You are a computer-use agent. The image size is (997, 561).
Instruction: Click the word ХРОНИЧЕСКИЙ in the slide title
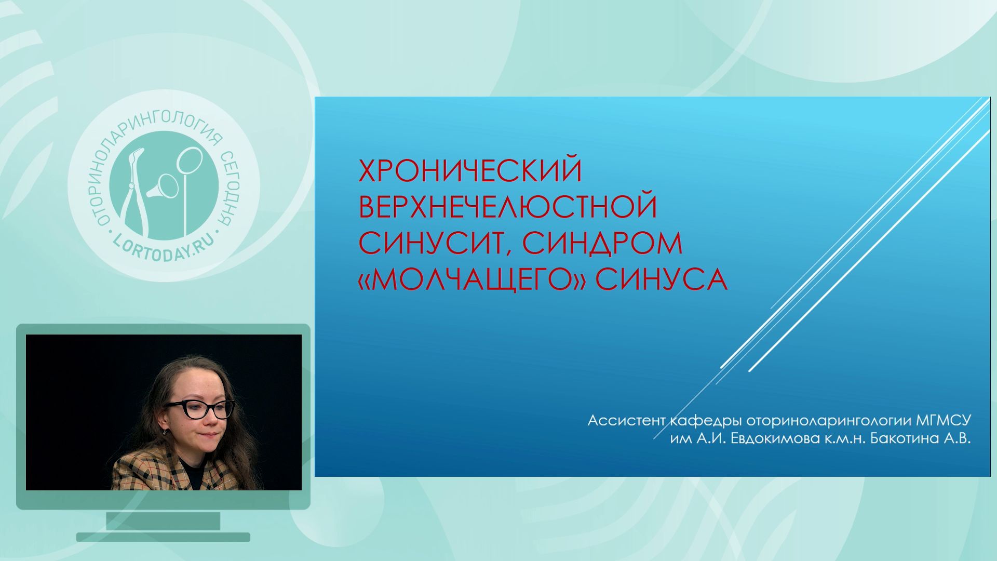[470, 170]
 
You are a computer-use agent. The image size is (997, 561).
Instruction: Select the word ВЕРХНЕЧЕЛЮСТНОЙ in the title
[508, 206]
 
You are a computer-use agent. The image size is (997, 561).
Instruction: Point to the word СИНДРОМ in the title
[602, 243]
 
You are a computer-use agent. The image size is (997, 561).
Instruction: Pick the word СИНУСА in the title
[661, 279]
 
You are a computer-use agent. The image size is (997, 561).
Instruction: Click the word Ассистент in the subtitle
[626, 420]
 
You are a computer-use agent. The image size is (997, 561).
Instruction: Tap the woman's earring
[165, 431]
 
